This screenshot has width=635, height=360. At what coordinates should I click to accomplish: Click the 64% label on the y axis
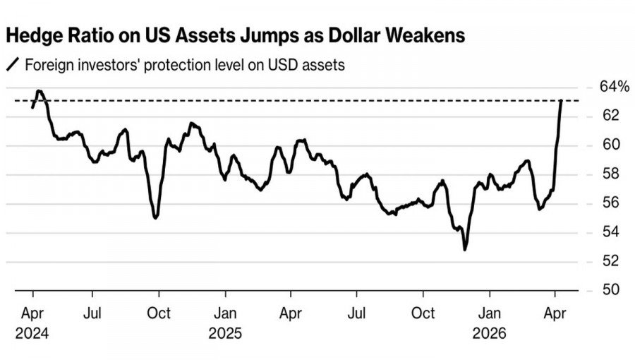pos(614,87)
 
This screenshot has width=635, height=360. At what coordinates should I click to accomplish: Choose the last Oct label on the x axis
pos(423,312)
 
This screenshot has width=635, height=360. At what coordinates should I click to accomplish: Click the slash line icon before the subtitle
pos(13,66)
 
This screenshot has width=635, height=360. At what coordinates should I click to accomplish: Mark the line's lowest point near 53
pos(465,249)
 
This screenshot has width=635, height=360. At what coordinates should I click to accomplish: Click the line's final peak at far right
pos(561,100)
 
